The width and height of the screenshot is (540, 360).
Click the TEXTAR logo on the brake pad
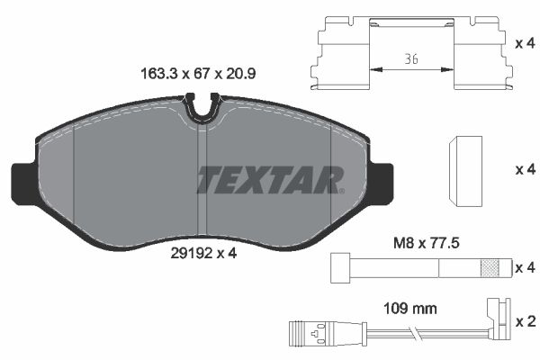coord(270,180)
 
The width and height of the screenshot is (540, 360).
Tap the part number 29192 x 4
coord(203,253)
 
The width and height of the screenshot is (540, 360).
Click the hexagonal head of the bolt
coord(340,267)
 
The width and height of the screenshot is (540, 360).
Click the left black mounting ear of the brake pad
coord(22,182)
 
